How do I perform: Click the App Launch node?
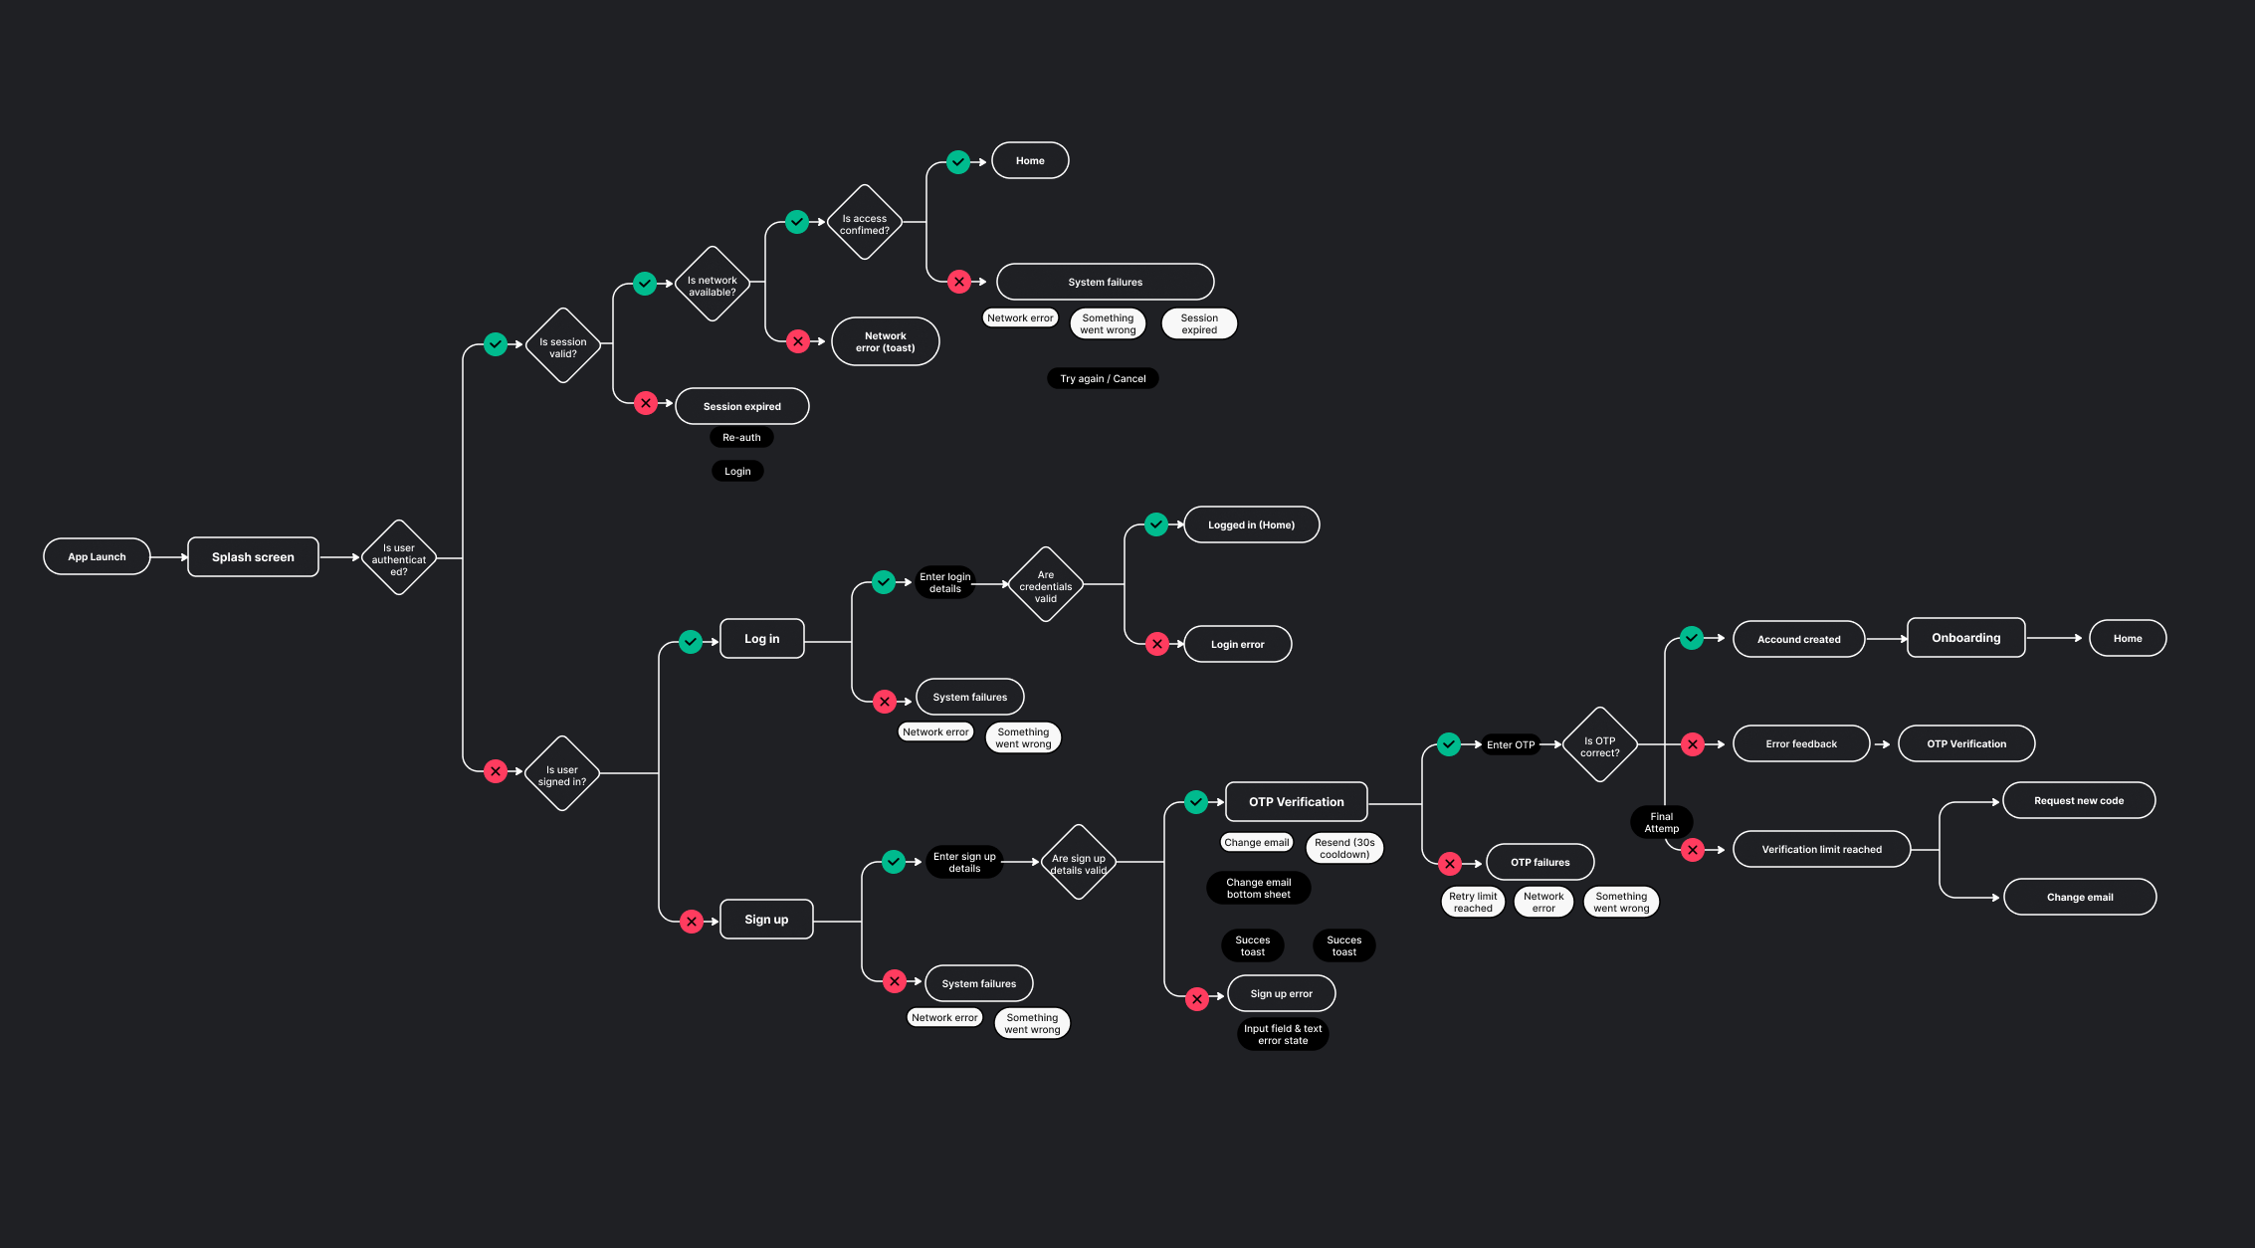[x=97, y=557]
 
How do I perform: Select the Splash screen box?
[x=253, y=557]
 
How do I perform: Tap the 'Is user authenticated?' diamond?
[x=399, y=558]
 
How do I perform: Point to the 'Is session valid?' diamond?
[x=563, y=346]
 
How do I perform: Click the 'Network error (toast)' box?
[x=885, y=342]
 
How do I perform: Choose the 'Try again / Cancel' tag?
[x=1103, y=379]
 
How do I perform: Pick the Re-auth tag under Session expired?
[x=741, y=438]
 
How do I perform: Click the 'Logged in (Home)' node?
[x=1251, y=525]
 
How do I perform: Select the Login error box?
[x=1237, y=645]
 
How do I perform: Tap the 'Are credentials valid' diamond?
[x=1045, y=586]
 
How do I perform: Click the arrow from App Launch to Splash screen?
[x=168, y=557]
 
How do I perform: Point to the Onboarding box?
[x=1965, y=638]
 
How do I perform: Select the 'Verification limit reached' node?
[x=1821, y=850]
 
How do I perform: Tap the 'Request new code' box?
[x=2079, y=801]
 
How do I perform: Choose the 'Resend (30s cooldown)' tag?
[x=1344, y=848]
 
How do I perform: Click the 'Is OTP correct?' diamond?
[x=1600, y=746]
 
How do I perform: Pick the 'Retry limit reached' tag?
[x=1473, y=902]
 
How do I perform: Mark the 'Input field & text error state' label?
[x=1283, y=1035]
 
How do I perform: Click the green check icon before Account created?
[x=1692, y=638]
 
